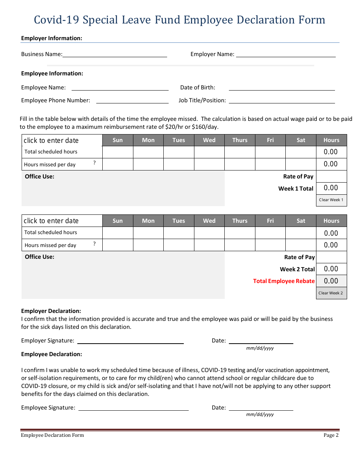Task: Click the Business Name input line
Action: click(x=115, y=54)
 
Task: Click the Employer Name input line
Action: click(x=286, y=54)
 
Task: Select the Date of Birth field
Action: click(x=282, y=87)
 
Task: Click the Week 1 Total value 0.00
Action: click(x=331, y=188)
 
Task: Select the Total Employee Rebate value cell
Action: click(x=331, y=281)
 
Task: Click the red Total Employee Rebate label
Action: click(x=284, y=281)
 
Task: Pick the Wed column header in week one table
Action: click(x=209, y=140)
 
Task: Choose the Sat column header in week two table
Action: click(x=301, y=221)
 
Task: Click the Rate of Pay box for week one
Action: click(x=331, y=176)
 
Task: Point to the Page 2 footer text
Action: click(x=331, y=435)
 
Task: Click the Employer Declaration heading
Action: click(x=51, y=311)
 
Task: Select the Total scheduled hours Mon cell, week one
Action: click(x=148, y=152)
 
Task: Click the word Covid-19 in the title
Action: click(x=57, y=20)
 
